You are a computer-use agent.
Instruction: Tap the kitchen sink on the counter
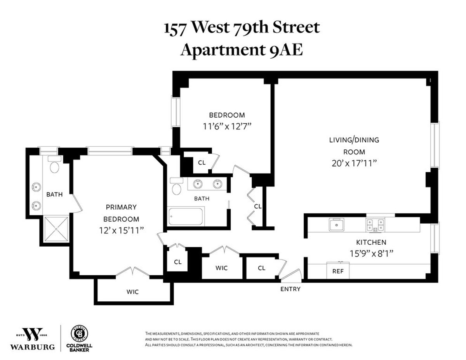tap(335, 224)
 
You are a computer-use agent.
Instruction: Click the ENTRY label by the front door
tap(290, 289)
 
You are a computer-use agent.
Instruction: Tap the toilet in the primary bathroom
tap(54, 166)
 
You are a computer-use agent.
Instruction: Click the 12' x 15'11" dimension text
tap(122, 230)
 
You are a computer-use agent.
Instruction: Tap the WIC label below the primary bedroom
tap(132, 292)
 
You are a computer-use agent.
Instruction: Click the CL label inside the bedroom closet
tap(202, 162)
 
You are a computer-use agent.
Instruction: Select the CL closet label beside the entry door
tap(261, 268)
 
